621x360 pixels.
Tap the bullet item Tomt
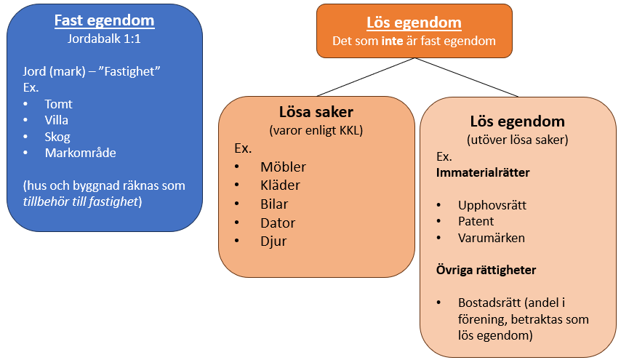coord(58,104)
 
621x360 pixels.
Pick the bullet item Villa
coord(57,120)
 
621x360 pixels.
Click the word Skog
coord(57,137)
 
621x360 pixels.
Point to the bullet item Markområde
coord(80,153)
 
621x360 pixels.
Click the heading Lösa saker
coord(316,113)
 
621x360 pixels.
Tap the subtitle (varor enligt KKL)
coord(316,131)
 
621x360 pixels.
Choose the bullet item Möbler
coord(283,167)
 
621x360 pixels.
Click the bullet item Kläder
coord(280,185)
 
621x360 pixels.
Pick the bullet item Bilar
coord(274,204)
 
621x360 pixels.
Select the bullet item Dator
coord(278,223)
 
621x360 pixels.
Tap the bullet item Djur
coord(273,241)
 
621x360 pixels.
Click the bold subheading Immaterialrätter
coord(482,173)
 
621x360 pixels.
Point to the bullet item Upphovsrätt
coord(492,205)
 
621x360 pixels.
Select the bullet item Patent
coord(476,221)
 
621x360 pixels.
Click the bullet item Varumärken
coord(492,238)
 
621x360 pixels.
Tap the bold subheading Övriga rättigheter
coord(486,270)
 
